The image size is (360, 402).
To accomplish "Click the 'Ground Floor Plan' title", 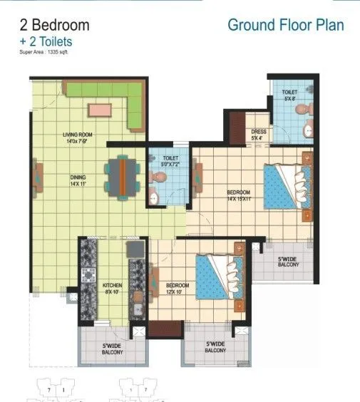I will [285, 25].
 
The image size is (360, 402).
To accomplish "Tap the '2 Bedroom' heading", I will [54, 25].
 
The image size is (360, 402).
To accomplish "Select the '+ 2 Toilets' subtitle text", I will [46, 41].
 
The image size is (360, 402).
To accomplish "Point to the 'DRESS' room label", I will [259, 135].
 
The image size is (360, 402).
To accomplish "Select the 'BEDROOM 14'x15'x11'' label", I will [239, 195].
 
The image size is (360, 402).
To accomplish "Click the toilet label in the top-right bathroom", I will [289, 94].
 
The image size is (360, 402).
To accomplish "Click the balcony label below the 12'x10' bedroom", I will [215, 347].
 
